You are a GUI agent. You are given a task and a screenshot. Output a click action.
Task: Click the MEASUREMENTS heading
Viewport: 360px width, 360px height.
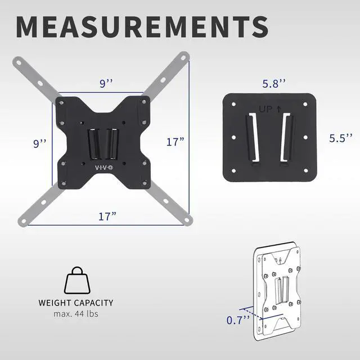tap(142, 26)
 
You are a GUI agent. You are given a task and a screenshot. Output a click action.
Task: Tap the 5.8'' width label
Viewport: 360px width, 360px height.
tap(274, 84)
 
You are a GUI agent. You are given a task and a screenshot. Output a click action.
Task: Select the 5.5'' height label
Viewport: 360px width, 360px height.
tap(341, 138)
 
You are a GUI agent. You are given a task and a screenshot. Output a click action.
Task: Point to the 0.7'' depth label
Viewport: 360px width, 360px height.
tap(238, 320)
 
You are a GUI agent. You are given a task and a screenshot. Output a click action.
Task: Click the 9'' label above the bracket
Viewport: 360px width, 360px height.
tap(106, 84)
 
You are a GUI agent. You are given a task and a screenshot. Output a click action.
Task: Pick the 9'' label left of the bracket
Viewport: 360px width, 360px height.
tap(40, 144)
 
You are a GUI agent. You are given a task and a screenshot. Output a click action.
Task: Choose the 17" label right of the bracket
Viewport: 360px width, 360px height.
tap(175, 142)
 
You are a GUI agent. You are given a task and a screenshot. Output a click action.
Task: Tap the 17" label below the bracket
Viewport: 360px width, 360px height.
tap(107, 217)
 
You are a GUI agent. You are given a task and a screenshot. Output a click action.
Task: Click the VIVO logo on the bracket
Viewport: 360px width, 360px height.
tap(104, 168)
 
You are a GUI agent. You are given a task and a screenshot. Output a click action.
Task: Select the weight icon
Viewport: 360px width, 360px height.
tap(77, 280)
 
